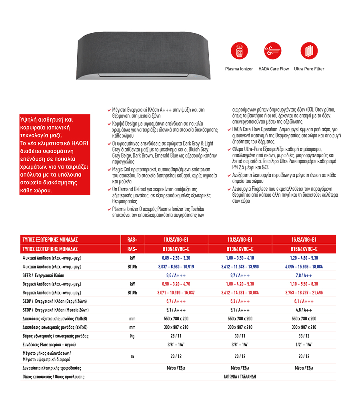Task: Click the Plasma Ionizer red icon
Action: coord(239,51)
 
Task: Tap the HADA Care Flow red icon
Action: coord(274,51)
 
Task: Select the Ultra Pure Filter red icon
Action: coord(309,51)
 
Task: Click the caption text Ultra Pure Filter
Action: coord(309,69)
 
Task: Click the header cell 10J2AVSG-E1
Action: coord(176,239)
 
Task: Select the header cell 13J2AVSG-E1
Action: coord(240,239)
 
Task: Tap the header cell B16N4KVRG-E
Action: coord(304,249)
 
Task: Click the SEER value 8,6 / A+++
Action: coord(176,276)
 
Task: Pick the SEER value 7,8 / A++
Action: coord(304,276)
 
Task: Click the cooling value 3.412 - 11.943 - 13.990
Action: coord(240,267)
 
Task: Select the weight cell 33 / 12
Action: coord(304,336)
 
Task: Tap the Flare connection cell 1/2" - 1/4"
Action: coord(304,345)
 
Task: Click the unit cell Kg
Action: coord(132,336)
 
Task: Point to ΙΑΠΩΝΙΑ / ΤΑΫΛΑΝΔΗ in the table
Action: coord(240,377)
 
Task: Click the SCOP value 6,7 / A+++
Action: coord(176,301)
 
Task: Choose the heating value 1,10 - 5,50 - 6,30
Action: coord(304,284)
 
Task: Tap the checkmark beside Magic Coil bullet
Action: coord(109,170)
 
